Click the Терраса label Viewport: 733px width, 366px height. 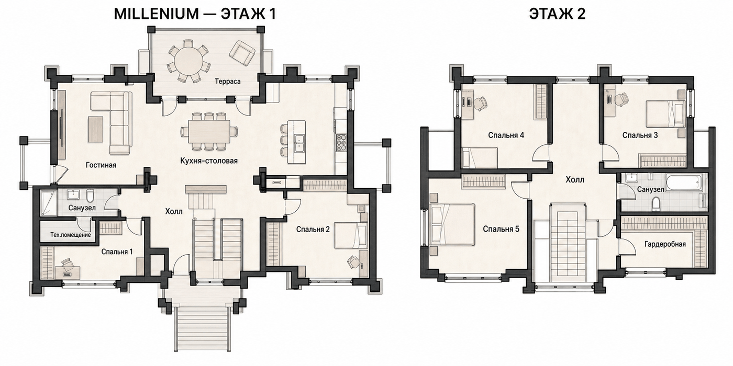tap(227, 82)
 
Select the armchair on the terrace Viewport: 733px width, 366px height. tap(242, 54)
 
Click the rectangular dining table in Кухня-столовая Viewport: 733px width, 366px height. tap(209, 131)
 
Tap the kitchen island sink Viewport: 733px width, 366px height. tap(299, 143)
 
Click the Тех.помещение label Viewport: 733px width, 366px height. tap(70, 235)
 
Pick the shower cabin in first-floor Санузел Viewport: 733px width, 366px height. tap(49, 203)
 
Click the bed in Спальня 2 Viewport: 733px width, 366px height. tap(350, 235)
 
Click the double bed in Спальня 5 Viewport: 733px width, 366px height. tap(452, 224)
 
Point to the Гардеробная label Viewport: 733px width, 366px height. tap(665, 244)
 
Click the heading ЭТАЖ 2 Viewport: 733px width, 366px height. tap(557, 14)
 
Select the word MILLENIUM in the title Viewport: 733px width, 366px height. tap(156, 14)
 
